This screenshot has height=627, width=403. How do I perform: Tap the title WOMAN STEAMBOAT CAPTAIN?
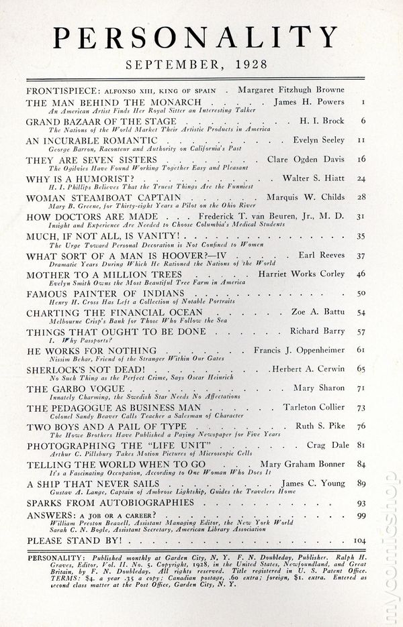point(103,198)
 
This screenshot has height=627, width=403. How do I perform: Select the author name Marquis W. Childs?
point(306,198)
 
